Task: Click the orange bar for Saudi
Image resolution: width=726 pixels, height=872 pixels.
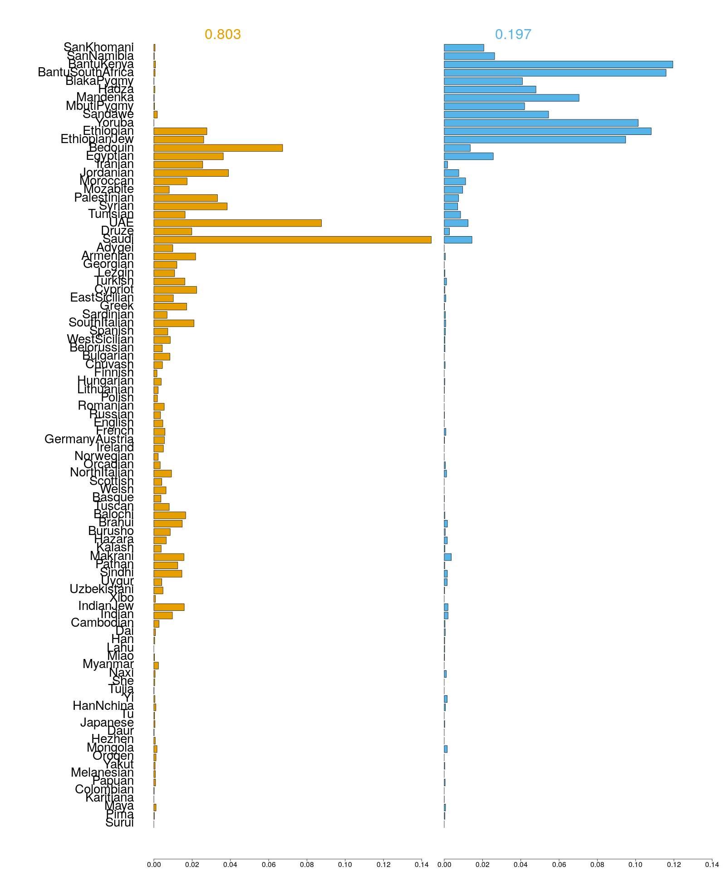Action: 292,240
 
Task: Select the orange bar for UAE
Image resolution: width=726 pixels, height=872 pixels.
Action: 237,223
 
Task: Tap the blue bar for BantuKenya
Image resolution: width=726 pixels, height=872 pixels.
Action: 558,64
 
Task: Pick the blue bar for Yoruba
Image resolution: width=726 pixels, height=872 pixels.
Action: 541,123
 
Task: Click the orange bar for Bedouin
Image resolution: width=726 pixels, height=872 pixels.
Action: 218,148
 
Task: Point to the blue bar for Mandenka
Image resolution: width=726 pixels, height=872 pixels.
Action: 511,98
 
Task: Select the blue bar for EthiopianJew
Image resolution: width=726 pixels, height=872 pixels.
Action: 535,139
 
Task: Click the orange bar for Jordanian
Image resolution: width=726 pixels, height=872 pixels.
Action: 191,173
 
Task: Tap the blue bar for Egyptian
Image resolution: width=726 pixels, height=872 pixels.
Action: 468,156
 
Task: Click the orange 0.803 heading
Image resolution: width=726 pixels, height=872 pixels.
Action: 222,35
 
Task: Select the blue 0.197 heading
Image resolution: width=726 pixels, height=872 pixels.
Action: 513,35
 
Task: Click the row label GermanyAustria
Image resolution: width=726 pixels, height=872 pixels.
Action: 89,439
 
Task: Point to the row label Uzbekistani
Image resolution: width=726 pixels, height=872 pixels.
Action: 102,589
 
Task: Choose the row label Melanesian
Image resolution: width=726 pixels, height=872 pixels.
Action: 102,773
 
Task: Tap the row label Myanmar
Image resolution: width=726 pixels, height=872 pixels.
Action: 108,664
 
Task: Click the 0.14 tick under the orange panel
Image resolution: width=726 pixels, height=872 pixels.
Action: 422,865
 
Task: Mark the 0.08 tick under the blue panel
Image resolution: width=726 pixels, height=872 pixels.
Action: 597,865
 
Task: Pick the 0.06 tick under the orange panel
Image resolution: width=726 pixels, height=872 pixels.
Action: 269,865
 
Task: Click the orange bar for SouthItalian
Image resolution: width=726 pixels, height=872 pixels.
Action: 174,323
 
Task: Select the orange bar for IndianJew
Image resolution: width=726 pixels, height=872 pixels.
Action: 169,607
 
